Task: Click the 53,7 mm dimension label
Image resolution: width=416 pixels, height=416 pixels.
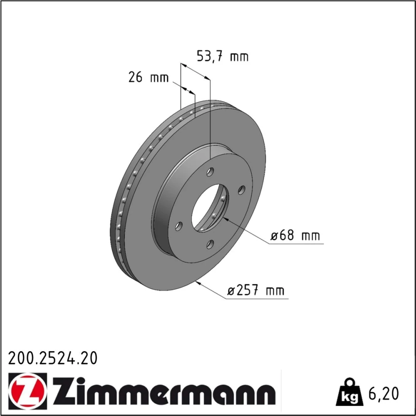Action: [x=222, y=57]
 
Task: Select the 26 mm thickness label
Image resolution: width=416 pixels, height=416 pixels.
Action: [x=149, y=77]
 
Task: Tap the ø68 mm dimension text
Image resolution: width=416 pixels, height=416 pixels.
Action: [x=295, y=235]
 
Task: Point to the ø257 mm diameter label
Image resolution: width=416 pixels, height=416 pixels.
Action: [x=256, y=290]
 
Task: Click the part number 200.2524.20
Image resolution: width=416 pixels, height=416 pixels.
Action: [x=53, y=358]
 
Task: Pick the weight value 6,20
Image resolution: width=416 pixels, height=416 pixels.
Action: [x=384, y=394]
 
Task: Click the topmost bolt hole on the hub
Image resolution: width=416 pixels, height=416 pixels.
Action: [x=210, y=172]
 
